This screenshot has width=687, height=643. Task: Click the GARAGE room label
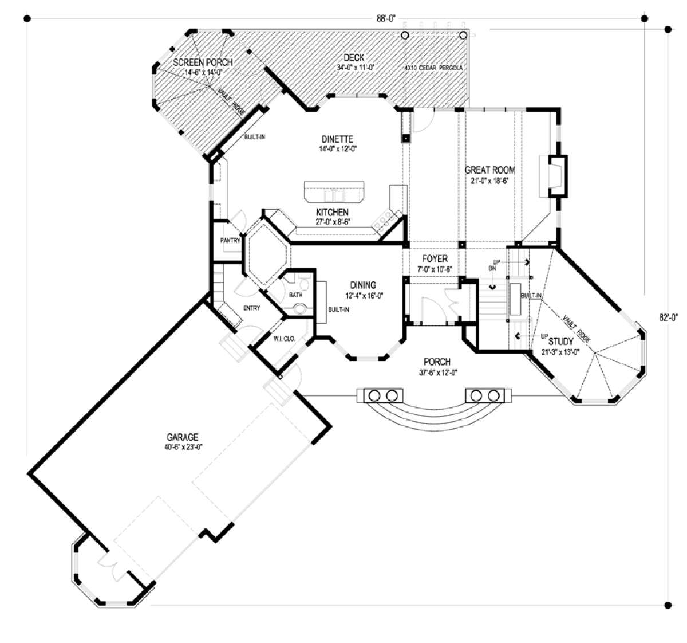click(x=182, y=437)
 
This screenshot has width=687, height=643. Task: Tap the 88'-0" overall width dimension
click(x=386, y=18)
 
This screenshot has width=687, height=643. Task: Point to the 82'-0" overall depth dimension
click(x=668, y=317)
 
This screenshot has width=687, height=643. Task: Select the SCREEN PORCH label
click(x=203, y=62)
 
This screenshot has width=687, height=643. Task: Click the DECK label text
click(x=354, y=57)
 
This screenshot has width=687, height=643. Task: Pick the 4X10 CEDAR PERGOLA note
click(x=434, y=68)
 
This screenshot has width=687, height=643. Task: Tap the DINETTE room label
click(x=337, y=139)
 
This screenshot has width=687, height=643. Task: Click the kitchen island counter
click(x=334, y=191)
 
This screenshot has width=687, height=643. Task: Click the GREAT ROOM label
click(x=489, y=170)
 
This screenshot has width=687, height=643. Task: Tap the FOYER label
click(x=435, y=259)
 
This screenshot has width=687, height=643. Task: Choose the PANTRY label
click(x=230, y=241)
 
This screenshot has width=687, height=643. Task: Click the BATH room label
click(x=296, y=295)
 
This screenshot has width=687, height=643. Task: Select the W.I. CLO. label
click(x=284, y=339)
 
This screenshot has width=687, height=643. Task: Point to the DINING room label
click(x=363, y=285)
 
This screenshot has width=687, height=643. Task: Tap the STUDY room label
click(x=560, y=341)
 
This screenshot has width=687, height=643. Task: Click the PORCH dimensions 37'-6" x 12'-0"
click(x=437, y=373)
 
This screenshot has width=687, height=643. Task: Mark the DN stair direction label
click(x=492, y=269)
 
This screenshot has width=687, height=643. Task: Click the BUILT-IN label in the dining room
click(x=338, y=309)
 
